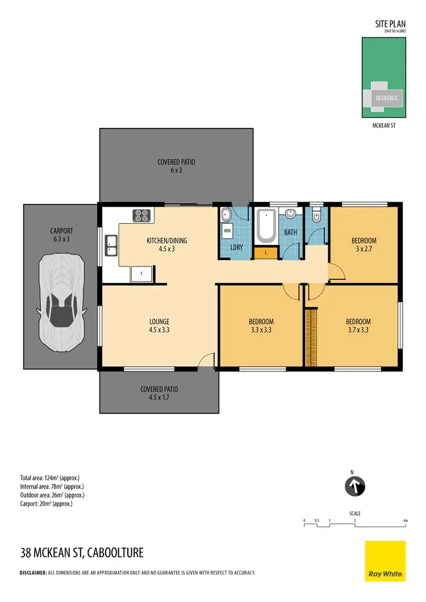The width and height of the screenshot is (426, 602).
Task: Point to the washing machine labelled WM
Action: tap(227, 231)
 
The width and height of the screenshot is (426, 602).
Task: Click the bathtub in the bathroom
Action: tap(266, 225)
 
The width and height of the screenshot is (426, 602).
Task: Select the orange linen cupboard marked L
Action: tap(265, 252)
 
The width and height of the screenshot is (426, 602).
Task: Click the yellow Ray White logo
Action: tap(385, 561)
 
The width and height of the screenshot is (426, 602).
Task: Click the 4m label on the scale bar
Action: tap(406, 520)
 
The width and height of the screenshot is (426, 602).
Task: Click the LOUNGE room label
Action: tap(160, 321)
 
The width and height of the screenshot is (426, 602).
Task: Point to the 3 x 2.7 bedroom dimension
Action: tap(364, 248)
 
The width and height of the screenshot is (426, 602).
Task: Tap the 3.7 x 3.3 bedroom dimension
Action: tap(358, 329)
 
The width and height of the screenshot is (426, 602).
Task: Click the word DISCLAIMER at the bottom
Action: tap(33, 572)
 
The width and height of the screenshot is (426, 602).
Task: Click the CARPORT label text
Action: tap(61, 231)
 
